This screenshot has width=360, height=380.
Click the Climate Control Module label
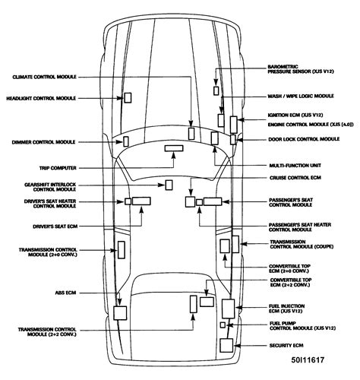click(45, 77)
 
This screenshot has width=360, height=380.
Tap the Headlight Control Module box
click(128, 98)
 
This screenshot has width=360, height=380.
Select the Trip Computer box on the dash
click(174, 148)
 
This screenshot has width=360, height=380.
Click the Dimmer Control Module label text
click(43, 142)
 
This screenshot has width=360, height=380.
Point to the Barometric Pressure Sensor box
click(216, 90)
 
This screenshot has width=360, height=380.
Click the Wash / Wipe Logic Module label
click(301, 96)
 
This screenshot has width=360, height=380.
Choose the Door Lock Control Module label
click(304, 139)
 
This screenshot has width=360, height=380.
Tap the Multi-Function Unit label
click(295, 166)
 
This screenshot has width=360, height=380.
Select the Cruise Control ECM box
click(190, 202)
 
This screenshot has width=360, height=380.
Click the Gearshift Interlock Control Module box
click(169, 185)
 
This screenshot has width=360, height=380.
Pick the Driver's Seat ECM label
click(55, 226)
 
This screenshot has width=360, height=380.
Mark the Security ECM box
click(226, 345)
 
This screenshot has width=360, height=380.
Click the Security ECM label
click(286, 345)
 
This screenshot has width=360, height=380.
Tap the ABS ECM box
click(120, 313)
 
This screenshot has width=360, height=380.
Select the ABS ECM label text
click(65, 293)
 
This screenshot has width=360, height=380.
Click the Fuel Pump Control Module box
click(223, 325)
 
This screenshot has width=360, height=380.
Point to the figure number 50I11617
click(308, 359)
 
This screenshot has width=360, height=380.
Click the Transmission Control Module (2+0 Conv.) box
click(122, 250)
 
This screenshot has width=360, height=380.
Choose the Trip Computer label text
click(58, 168)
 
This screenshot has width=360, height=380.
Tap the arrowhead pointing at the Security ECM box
click(236, 346)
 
